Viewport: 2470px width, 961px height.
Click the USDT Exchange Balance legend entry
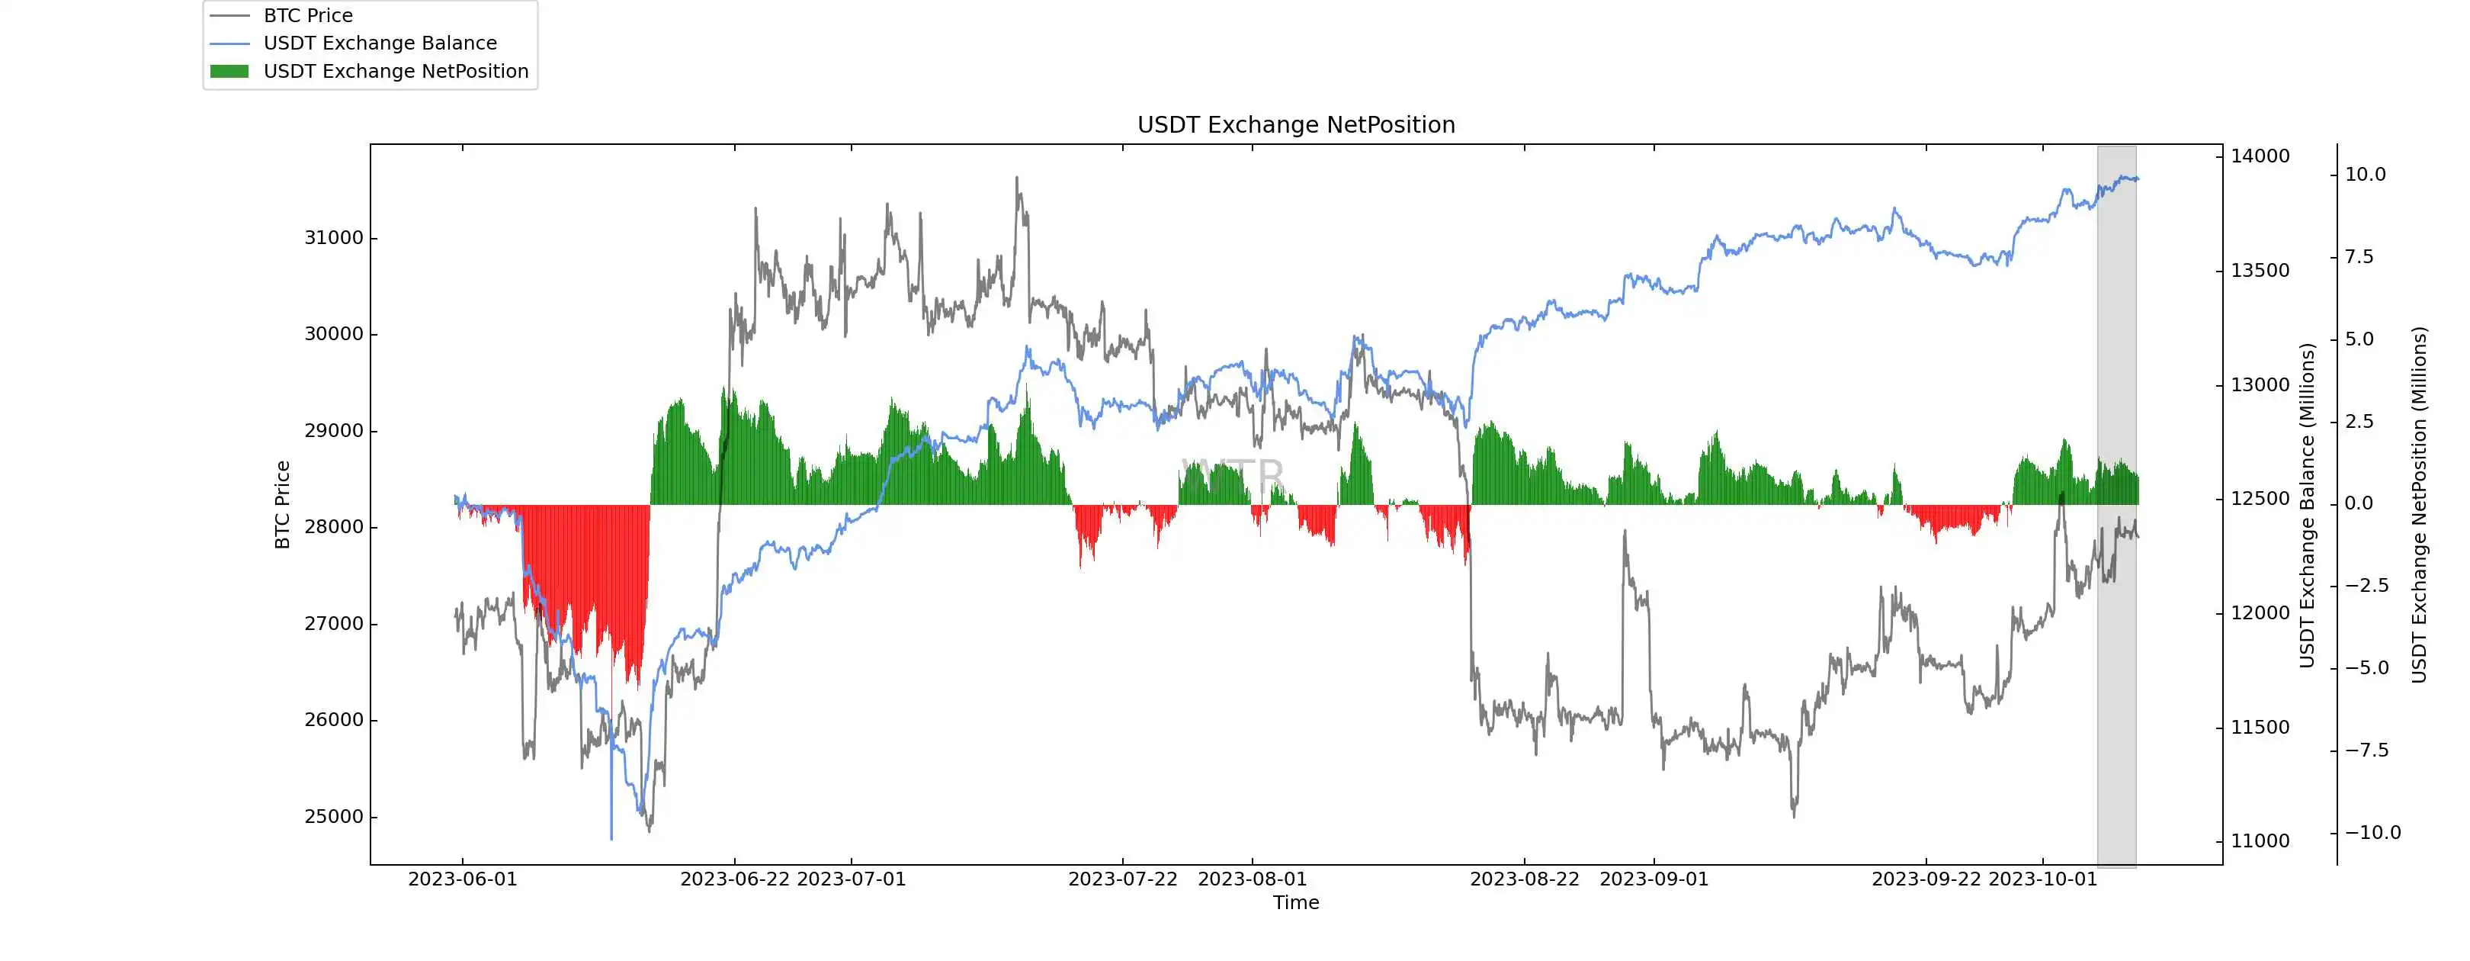[x=380, y=43]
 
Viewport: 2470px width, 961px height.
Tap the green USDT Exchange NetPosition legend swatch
[x=229, y=72]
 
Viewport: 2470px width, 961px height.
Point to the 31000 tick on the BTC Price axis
[x=334, y=238]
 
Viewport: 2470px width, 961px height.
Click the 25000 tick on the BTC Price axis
[x=334, y=817]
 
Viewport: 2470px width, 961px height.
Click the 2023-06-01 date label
[x=462, y=879]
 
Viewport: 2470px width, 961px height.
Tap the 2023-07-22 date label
[x=1122, y=879]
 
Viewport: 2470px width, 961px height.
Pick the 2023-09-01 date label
[x=1654, y=879]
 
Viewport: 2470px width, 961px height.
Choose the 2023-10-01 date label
[x=2042, y=879]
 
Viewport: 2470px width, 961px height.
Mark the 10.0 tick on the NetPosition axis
[x=2365, y=175]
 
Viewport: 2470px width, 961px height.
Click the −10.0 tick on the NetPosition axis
[x=2372, y=832]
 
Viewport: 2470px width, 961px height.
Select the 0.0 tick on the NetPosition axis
[x=2365, y=503]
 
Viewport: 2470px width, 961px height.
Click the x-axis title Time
[x=1295, y=902]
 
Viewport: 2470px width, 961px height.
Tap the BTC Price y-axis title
[x=282, y=504]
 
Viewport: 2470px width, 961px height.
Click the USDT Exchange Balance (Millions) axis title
[x=2307, y=504]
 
